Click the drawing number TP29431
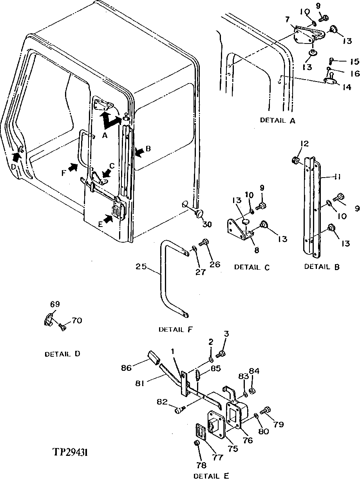coord(71,452)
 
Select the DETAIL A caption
coord(277,120)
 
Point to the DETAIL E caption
coord(211,475)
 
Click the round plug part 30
coord(199,214)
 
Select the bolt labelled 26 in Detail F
coord(204,243)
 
